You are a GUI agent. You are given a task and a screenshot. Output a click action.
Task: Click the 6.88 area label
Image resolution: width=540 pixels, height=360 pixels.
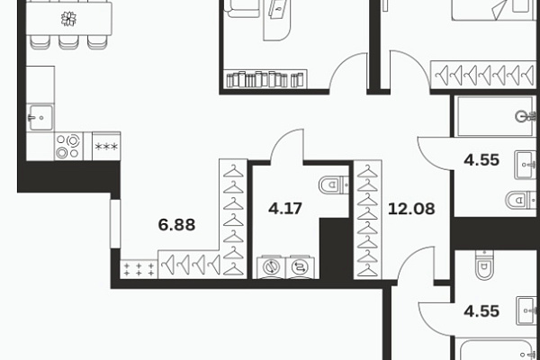176,225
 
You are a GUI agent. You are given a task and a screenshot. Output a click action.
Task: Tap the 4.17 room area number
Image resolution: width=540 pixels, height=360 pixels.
285,209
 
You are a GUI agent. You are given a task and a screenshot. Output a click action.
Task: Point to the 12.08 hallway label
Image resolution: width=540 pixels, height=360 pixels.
411,209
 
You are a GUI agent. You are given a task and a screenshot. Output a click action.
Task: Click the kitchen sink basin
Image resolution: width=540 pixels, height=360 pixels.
40,118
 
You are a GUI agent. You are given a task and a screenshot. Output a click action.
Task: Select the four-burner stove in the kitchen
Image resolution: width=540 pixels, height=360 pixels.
68,146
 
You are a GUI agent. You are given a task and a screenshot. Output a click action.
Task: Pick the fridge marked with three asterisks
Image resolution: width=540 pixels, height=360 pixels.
106,146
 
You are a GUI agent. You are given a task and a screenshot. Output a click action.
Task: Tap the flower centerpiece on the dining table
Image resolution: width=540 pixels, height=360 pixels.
68,19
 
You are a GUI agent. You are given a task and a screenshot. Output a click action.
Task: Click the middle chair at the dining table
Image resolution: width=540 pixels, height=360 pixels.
68,41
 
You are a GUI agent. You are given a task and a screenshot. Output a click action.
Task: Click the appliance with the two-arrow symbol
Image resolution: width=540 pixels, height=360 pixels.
300,266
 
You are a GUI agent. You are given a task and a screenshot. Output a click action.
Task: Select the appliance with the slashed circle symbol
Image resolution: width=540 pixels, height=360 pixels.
272,266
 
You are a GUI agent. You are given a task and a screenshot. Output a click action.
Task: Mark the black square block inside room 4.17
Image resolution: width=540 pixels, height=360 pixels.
335,248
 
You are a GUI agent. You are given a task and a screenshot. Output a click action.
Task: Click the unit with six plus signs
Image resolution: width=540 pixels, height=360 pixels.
139,269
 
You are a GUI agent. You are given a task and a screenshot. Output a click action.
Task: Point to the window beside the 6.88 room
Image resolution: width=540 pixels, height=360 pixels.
115,223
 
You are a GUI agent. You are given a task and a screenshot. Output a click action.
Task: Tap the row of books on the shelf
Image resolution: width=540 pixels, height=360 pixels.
265,79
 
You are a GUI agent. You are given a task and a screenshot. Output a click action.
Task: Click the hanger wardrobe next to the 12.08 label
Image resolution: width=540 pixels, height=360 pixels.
367,220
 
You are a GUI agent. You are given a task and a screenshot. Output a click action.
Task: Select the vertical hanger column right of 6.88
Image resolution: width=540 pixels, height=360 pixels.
233,219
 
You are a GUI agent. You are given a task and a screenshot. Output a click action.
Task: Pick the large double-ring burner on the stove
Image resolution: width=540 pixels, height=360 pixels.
73,140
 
